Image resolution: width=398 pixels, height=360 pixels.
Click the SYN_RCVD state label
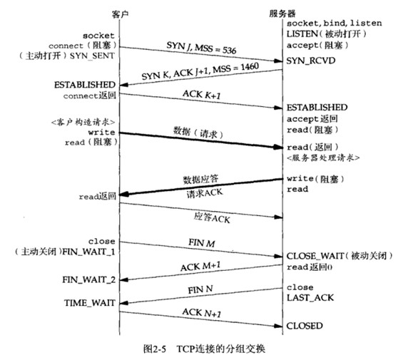(307, 61)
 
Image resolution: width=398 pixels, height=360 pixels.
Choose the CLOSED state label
(305, 326)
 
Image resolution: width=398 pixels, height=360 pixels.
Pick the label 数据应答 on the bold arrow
(198, 180)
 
